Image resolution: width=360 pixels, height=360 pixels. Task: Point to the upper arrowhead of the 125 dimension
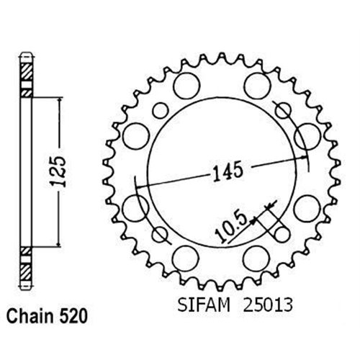53,98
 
